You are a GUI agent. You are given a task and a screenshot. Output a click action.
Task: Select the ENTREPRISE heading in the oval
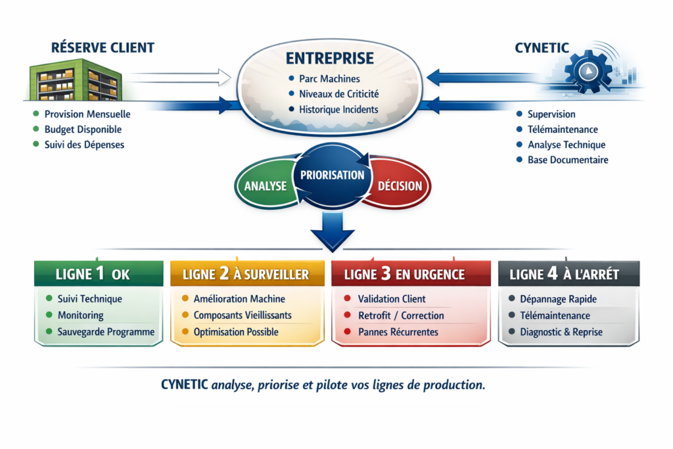[331, 59]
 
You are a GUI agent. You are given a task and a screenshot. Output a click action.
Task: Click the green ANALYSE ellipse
[265, 185]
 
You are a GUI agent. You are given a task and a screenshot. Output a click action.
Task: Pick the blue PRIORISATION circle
[332, 176]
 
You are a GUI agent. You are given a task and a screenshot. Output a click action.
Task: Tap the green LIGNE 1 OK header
[99, 273]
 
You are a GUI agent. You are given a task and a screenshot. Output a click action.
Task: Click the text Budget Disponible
[83, 130]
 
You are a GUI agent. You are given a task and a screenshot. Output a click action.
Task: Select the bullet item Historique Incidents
[338, 109]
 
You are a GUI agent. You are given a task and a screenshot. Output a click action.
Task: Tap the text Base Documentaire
[568, 160]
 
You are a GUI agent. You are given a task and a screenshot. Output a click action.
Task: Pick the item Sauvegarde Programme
[106, 332]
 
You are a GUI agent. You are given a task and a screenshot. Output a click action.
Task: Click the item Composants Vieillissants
[243, 316]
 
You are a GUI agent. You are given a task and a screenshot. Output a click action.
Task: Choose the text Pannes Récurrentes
[398, 332]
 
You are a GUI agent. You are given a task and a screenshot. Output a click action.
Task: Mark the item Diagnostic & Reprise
[561, 332]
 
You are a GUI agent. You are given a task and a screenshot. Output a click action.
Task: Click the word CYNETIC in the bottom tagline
[185, 385]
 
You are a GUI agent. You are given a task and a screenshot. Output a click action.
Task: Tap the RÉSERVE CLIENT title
[103, 47]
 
